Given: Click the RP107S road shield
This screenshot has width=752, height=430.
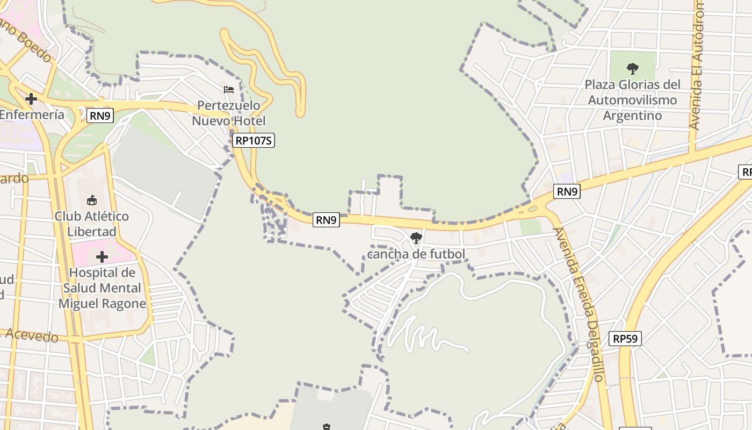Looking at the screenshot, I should pyautogui.click(x=254, y=141).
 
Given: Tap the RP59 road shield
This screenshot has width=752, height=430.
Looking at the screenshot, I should pyautogui.click(x=625, y=339).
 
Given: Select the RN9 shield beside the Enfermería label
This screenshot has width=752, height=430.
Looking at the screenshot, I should pyautogui.click(x=100, y=115).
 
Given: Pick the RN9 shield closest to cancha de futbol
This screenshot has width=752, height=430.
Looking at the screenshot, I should pyautogui.click(x=327, y=219).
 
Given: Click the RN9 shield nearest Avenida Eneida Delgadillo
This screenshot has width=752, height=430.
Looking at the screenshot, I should pyautogui.click(x=567, y=191).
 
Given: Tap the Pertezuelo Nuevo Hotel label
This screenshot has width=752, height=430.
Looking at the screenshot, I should pyautogui.click(x=229, y=113).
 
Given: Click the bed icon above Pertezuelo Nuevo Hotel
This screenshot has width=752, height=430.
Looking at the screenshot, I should pyautogui.click(x=229, y=89).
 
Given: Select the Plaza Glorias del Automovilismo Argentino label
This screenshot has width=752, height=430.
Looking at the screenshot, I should pyautogui.click(x=632, y=100).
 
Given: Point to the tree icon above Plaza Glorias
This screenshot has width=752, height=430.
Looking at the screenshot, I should pyautogui.click(x=632, y=69).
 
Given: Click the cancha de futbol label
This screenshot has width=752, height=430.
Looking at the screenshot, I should pyautogui.click(x=416, y=254).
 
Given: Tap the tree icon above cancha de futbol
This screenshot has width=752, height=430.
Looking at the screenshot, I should pyautogui.click(x=416, y=238).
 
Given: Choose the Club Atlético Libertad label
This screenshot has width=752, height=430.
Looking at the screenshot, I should pyautogui.click(x=92, y=224).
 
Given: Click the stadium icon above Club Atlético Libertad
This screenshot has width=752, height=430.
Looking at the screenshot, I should pyautogui.click(x=92, y=200).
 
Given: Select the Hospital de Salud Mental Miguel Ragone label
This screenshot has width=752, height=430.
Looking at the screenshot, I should pyautogui.click(x=102, y=288).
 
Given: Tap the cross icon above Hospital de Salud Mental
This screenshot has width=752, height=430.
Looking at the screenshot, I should pyautogui.click(x=102, y=257).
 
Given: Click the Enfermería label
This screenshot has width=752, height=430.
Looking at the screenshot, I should pyautogui.click(x=32, y=114).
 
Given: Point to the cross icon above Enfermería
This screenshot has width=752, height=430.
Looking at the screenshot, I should pyautogui.click(x=31, y=99).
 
